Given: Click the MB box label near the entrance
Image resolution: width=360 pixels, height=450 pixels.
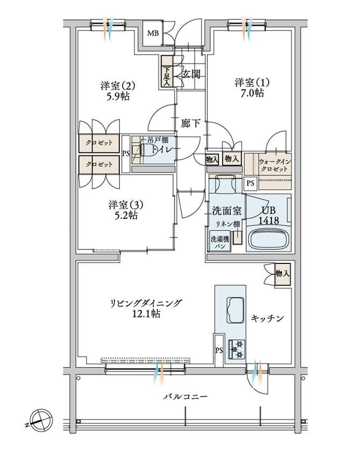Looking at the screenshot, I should coord(153,34).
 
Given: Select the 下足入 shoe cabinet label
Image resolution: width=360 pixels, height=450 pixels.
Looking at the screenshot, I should coord(167,75).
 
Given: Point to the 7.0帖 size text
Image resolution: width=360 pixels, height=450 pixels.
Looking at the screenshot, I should coord(251,93).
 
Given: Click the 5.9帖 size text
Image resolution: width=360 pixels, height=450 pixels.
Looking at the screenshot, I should coord(117,97).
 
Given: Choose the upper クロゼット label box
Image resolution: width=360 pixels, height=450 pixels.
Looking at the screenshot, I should coord(98,144).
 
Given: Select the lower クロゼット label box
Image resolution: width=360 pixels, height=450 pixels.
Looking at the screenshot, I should coord(98,165).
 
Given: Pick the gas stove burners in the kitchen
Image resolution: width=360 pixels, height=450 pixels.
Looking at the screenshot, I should coord(236,348).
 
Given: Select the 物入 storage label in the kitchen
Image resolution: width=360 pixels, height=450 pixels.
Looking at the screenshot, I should coord(282,273).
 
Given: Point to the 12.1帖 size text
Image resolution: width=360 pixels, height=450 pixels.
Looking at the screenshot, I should coord(143,313).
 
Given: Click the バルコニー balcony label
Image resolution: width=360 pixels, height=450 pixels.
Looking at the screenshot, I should coord(185,397).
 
